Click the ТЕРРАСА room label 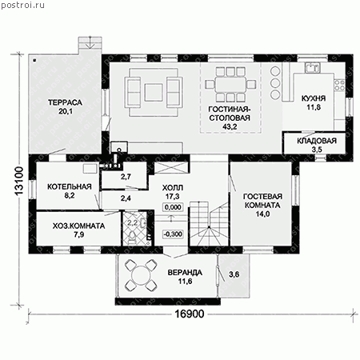click(65, 102)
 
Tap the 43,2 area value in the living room click(230, 126)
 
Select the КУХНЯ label click(314, 98)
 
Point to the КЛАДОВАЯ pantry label click(317, 141)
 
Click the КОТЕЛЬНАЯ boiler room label click(70, 186)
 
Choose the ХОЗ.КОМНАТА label click(78, 226)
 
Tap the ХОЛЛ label click(173, 188)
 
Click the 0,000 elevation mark click(173, 207)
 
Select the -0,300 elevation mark click(173, 234)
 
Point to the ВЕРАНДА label click(185, 273)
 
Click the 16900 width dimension click(190, 314)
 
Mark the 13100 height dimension click(19, 182)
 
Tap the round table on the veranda click(141, 276)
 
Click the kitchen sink click(313, 67)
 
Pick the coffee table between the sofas click(154, 92)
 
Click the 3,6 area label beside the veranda click(234, 274)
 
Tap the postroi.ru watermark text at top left click(23, 6)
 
